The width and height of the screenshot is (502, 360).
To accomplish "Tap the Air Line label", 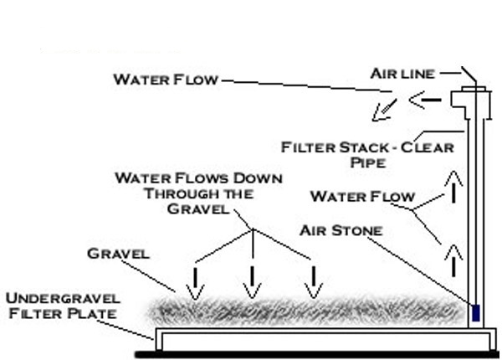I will pos(402,75).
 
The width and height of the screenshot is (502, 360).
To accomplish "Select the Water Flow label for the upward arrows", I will pos(361,197).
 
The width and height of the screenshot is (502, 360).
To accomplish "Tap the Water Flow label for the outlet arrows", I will pos(165,80).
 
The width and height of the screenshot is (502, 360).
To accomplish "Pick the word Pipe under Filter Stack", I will pos(367,163).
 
